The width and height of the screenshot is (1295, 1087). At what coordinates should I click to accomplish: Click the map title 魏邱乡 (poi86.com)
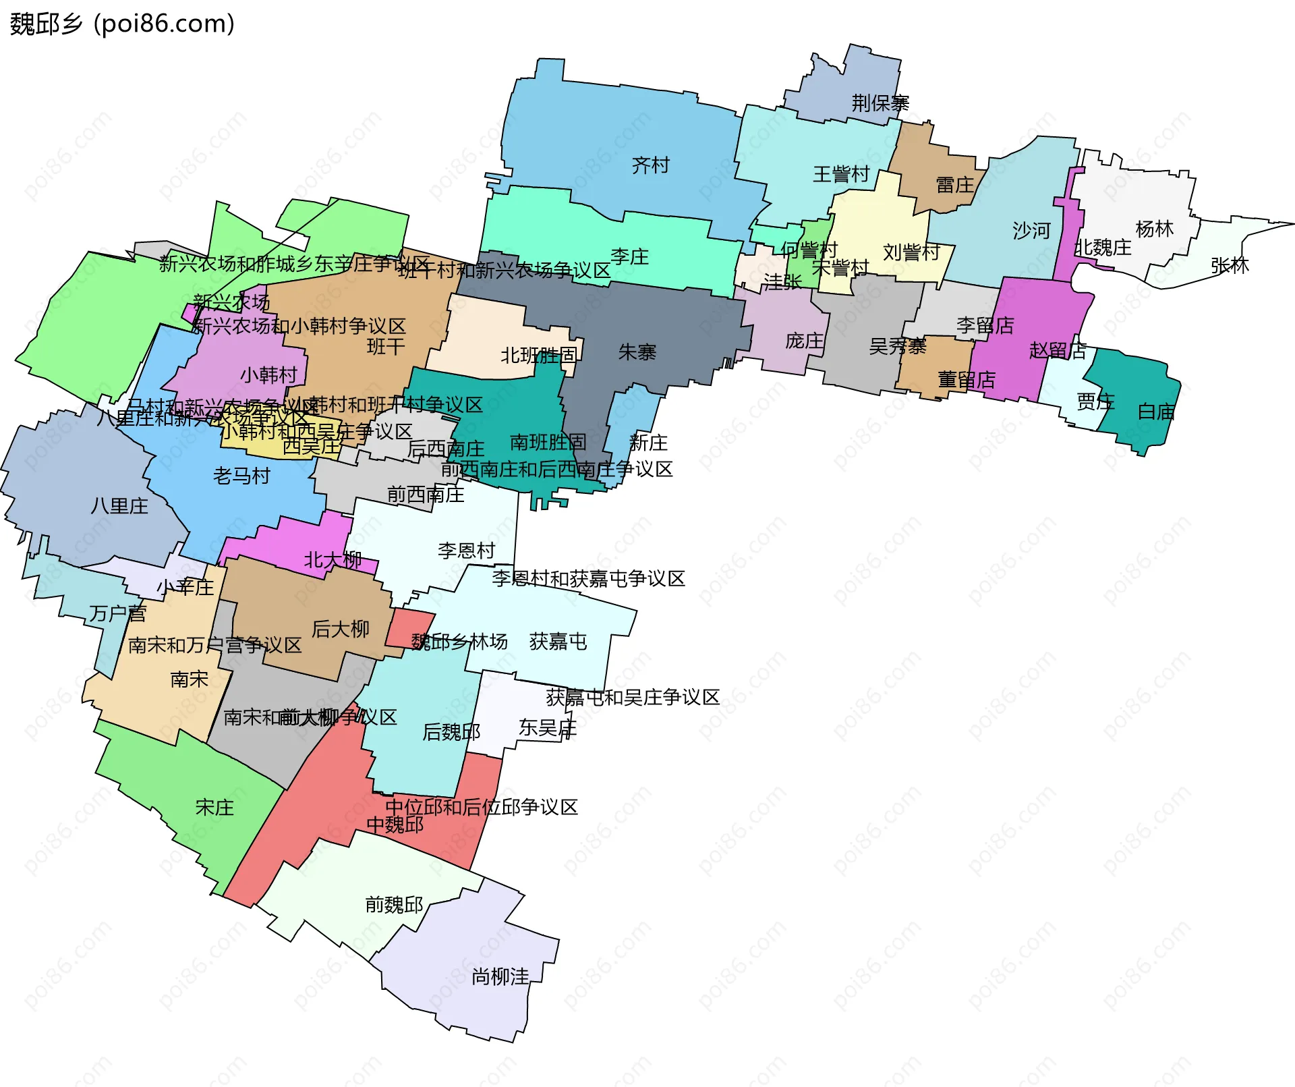tap(122, 24)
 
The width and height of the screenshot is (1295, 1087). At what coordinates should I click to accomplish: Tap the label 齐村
tap(650, 165)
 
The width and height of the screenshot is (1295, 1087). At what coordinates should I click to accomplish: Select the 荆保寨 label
tap(880, 103)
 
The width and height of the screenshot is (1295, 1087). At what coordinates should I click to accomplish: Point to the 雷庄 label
tap(954, 185)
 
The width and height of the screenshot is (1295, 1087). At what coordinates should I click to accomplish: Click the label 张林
tap(1229, 266)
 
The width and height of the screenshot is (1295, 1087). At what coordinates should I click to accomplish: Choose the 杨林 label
tap(1154, 229)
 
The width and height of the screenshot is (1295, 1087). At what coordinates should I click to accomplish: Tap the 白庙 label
tap(1155, 412)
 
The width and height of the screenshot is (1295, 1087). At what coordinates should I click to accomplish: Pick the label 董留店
tap(966, 380)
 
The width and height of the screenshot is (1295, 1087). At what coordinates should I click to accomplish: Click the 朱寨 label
tap(637, 352)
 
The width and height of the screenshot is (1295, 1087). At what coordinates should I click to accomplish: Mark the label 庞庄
tap(804, 341)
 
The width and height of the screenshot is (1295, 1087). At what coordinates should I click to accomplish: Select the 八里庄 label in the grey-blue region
tap(119, 506)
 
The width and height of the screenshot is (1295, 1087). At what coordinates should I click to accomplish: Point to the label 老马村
tap(241, 476)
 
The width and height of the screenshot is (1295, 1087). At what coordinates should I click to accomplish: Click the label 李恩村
tap(466, 551)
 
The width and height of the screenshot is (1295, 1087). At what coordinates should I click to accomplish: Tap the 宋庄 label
tap(214, 808)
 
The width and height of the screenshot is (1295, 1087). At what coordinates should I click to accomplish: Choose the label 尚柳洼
tap(500, 976)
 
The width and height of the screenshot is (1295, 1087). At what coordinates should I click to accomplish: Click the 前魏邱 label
tap(394, 905)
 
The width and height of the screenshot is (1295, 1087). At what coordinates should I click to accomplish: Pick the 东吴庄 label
tap(547, 728)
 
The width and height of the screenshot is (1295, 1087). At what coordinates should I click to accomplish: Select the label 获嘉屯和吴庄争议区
tap(633, 698)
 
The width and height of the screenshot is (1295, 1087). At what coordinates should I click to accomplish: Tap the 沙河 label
tap(1031, 231)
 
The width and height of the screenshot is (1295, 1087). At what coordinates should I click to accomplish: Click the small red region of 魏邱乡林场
tap(409, 627)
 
